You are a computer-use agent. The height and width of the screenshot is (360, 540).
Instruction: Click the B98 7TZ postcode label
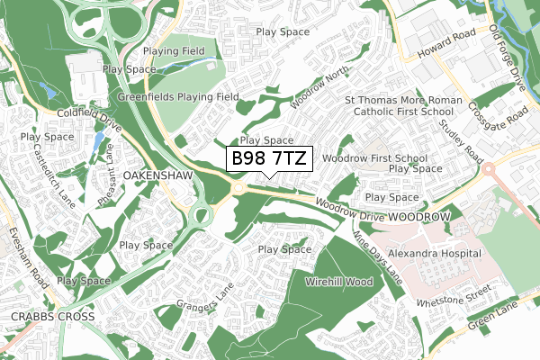(x=268, y=159)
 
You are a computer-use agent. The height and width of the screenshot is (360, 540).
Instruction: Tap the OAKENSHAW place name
(x=158, y=174)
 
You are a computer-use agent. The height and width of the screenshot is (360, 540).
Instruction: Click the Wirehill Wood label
(x=339, y=282)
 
